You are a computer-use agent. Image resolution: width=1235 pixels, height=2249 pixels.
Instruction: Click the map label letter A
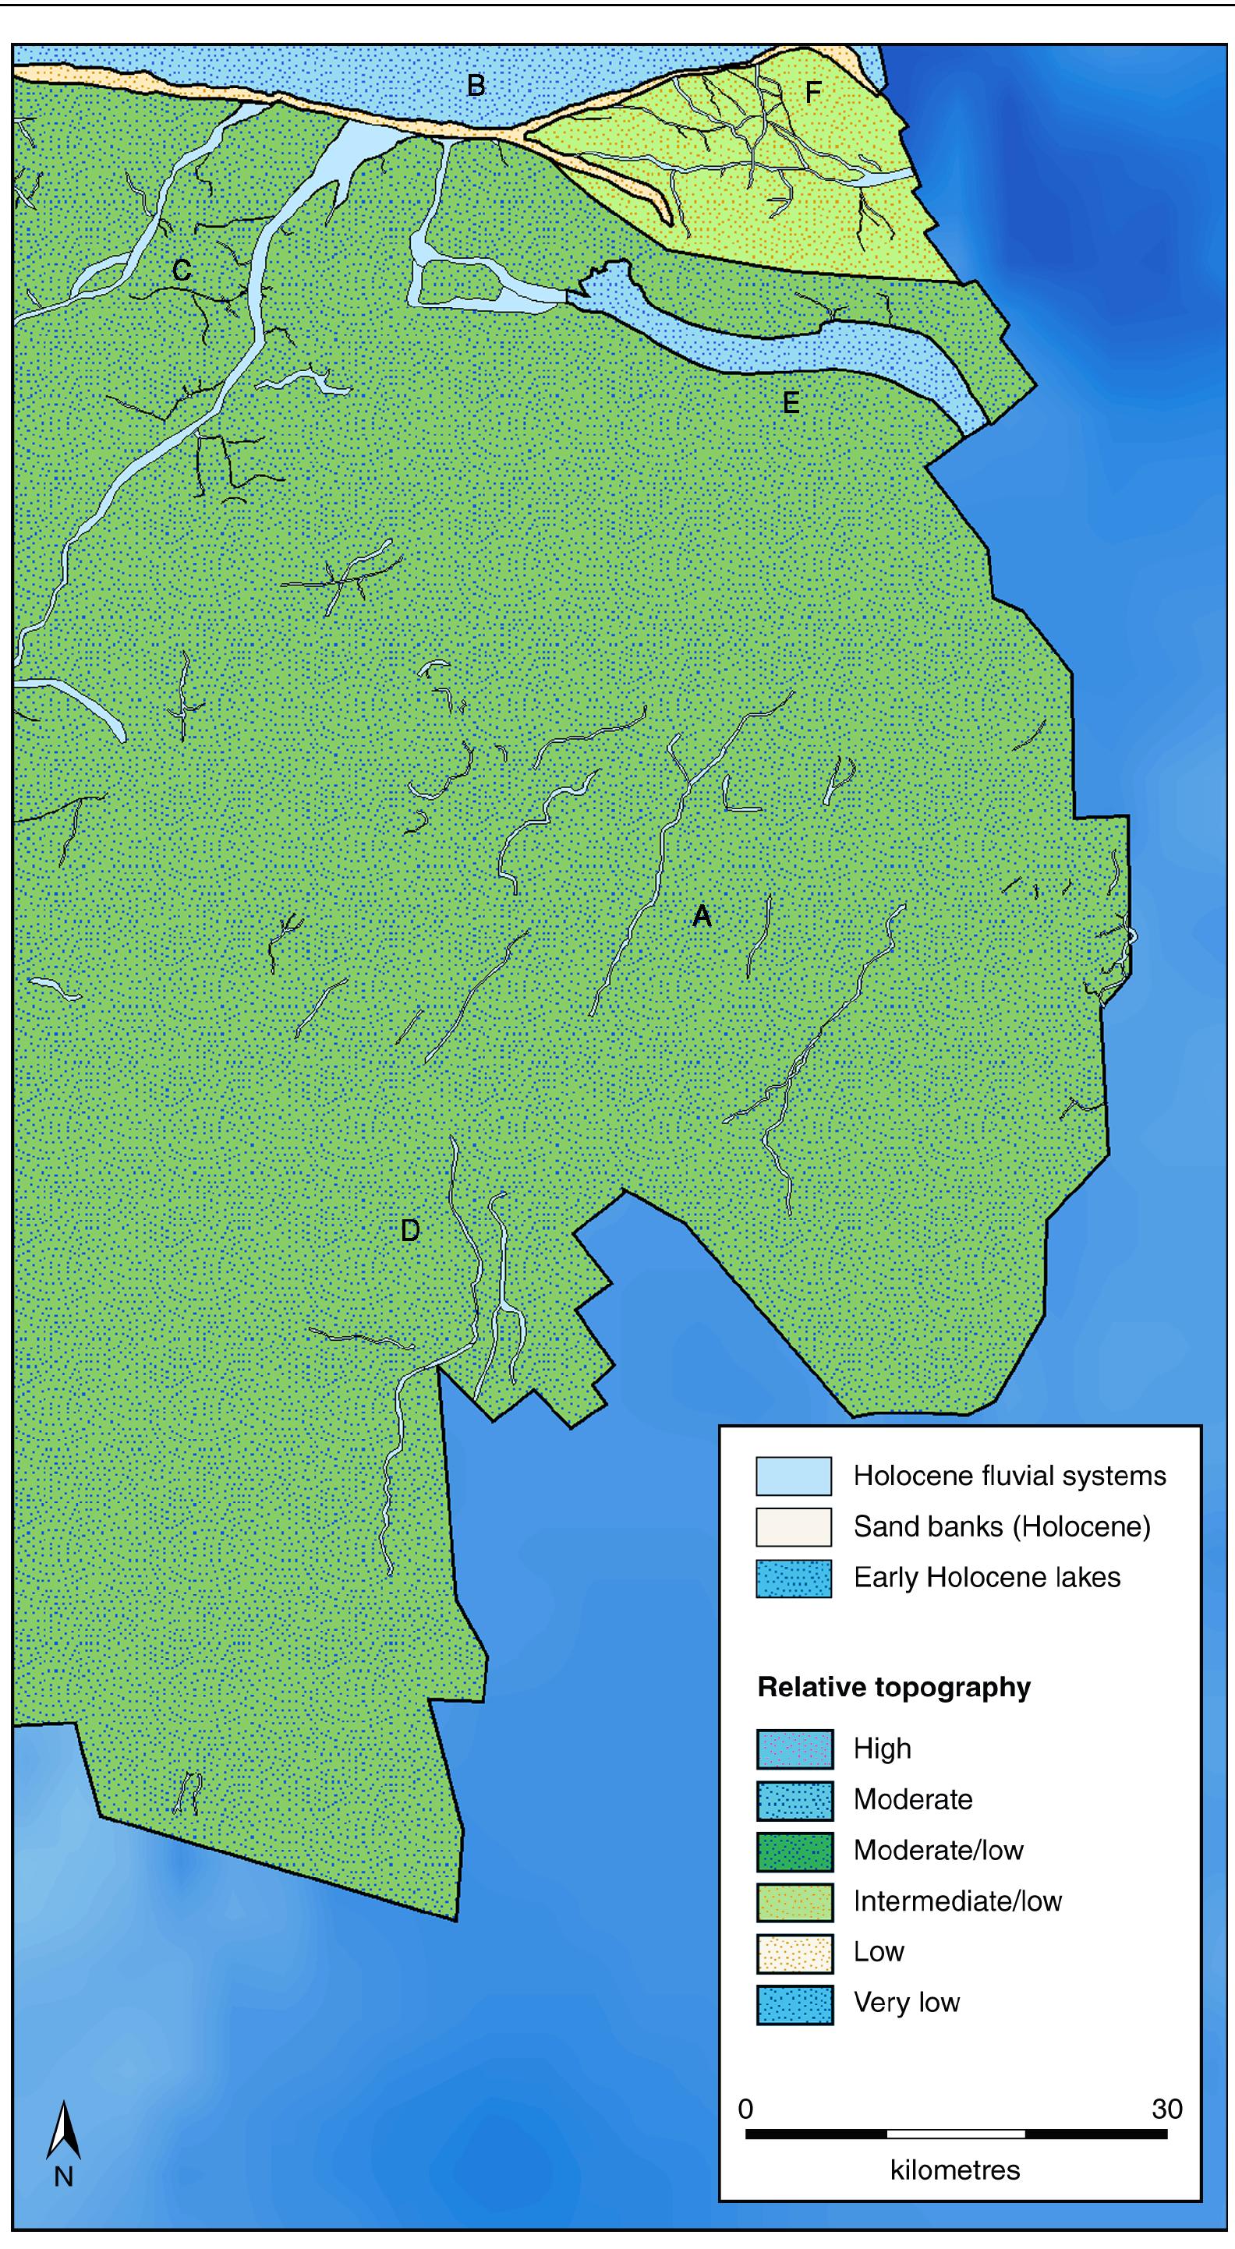pos(702,916)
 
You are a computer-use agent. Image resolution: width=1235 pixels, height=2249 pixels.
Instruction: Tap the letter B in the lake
pos(476,86)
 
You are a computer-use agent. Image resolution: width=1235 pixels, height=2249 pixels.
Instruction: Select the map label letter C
pos(182,271)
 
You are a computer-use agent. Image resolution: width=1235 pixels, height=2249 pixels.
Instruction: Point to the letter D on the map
pos(409,1231)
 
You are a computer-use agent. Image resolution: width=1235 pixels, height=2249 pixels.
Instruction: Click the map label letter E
pos(791,402)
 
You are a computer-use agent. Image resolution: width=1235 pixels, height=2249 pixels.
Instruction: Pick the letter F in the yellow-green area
pos(813,92)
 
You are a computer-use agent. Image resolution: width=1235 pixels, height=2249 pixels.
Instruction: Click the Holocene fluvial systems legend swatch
pos(793,1476)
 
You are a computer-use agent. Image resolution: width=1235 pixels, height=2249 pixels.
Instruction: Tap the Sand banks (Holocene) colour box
pos(793,1527)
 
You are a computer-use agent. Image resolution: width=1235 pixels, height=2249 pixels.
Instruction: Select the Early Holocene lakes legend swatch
pos(793,1578)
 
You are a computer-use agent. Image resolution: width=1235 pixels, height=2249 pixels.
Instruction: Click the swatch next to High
pos(794,1749)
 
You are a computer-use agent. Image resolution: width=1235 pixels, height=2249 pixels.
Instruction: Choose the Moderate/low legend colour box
pos(794,1850)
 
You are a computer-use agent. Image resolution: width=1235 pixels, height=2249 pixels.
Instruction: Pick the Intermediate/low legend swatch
pos(794,1901)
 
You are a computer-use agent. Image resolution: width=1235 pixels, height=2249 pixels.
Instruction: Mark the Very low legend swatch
pos(794,2002)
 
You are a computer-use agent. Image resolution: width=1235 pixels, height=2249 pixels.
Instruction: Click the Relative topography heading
pos(894,1688)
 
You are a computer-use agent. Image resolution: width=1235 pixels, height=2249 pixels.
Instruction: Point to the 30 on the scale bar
pos(1167,2109)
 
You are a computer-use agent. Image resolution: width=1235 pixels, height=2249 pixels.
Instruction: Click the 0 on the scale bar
pos(745,2109)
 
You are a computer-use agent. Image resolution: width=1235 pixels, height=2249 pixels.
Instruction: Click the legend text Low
pos(879,1951)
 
